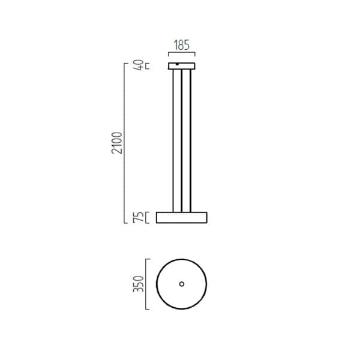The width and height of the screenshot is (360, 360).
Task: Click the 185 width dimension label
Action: [182, 45]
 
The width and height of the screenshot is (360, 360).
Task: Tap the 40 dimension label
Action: [139, 65]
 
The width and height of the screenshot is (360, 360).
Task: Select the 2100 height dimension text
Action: [117, 143]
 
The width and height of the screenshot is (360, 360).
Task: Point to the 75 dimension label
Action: [139, 217]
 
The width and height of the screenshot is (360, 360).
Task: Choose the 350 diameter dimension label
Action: [139, 284]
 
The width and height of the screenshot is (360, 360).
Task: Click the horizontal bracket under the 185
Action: [182, 53]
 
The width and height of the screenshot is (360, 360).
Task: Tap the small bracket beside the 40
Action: [148, 66]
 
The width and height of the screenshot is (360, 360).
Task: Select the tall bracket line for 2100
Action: [124, 143]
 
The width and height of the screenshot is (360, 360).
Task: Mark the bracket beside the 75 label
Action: [147, 217]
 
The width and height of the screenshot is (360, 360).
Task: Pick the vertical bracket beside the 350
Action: [146, 284]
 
